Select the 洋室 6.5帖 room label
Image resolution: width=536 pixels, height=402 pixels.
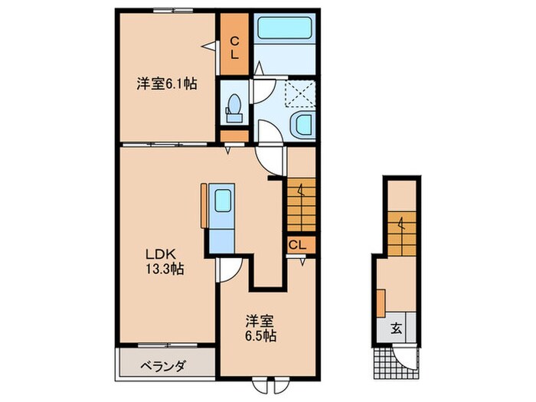(261, 328)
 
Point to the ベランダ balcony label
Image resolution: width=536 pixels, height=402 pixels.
(163, 366)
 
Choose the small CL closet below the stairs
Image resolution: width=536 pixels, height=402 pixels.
(299, 245)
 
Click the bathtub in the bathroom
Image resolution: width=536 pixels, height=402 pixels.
(283, 31)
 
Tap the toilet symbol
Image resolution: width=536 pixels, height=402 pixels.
(234, 107)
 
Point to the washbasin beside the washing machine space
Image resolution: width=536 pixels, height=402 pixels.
(302, 124)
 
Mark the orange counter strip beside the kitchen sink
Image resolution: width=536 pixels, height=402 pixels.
(203, 205)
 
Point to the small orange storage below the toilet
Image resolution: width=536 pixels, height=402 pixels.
(234, 136)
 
